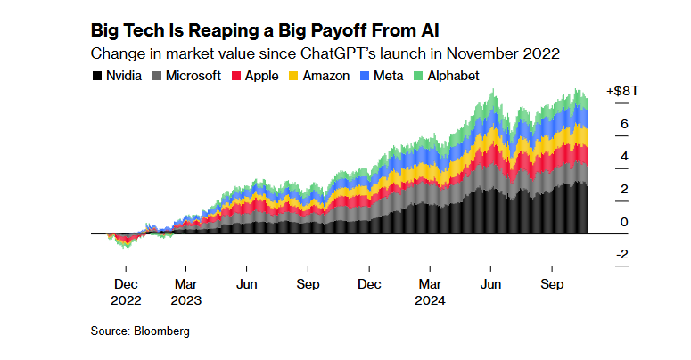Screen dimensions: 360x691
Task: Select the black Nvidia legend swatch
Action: pyautogui.click(x=96, y=76)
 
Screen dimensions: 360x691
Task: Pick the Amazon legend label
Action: pyautogui.click(x=325, y=76)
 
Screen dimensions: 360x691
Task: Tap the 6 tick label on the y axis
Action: pyautogui.click(x=624, y=124)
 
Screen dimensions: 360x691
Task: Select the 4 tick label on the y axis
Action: pyautogui.click(x=624, y=157)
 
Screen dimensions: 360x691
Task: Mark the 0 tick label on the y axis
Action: pyautogui.click(x=624, y=222)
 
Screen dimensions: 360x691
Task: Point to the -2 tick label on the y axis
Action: pyautogui.click(x=622, y=255)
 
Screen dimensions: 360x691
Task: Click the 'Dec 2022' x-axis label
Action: pyautogui.click(x=126, y=293)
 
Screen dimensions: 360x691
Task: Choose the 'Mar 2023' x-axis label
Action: pyautogui.click(x=186, y=293)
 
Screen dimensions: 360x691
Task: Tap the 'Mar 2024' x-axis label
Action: pyautogui.click(x=430, y=293)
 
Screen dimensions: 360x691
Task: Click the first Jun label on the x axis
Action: pyautogui.click(x=247, y=285)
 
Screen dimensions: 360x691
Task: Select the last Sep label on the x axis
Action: pyautogui.click(x=552, y=285)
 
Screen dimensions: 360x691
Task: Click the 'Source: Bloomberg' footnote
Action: pyautogui.click(x=140, y=331)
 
